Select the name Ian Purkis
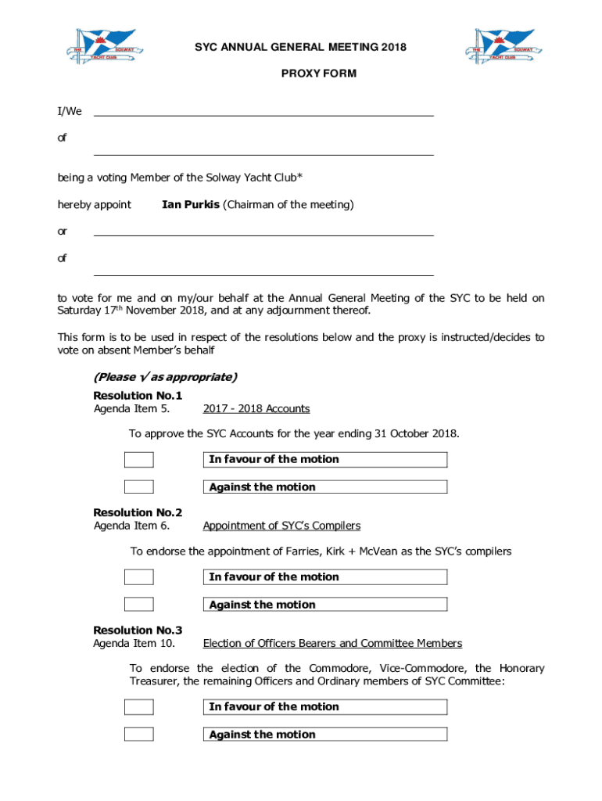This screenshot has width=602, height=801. coord(190,205)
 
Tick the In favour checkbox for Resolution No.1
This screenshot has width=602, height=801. coord(139,460)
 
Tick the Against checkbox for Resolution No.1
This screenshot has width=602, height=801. coord(139,487)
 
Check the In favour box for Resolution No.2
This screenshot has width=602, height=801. coord(139,577)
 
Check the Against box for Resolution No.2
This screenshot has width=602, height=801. coord(139,605)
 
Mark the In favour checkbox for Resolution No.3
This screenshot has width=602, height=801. coord(139,707)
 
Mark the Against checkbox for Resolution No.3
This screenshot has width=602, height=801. coord(139,735)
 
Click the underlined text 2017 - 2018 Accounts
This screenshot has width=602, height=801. coord(256,409)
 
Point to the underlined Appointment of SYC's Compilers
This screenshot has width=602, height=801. coord(281,526)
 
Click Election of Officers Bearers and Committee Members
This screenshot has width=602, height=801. coord(332,644)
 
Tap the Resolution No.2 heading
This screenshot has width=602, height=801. coord(138,513)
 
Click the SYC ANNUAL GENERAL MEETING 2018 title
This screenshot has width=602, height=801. coord(300,48)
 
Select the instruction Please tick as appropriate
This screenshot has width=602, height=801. coord(165,377)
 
